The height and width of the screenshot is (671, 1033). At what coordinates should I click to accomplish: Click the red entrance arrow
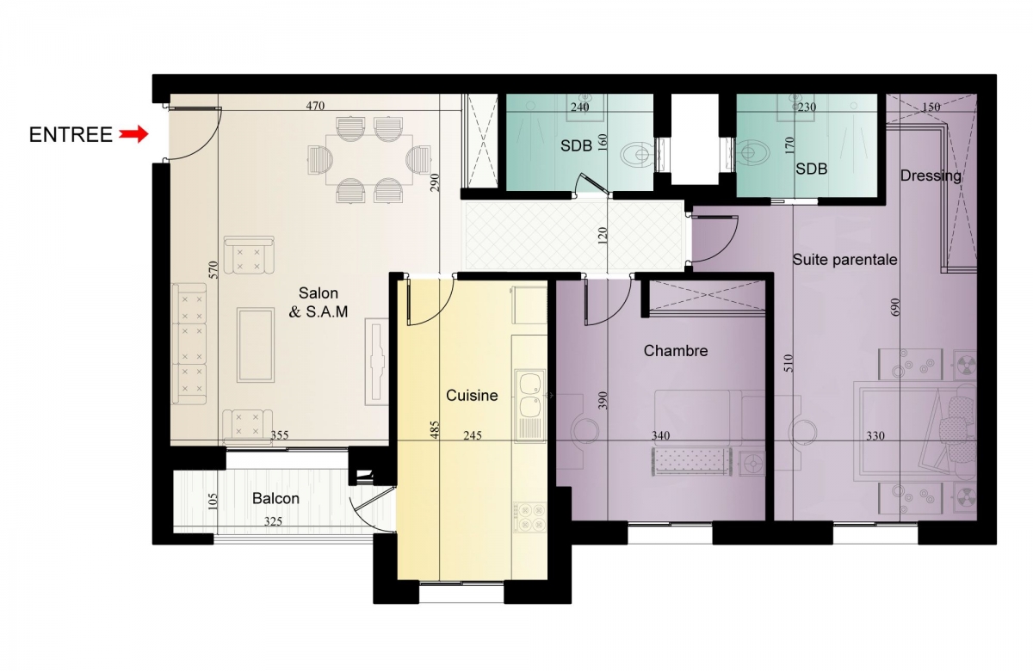pyautogui.click(x=133, y=134)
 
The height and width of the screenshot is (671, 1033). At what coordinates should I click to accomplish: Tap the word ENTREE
pyautogui.click(x=71, y=135)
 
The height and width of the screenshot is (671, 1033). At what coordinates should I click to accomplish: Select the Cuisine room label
pyautogui.click(x=472, y=396)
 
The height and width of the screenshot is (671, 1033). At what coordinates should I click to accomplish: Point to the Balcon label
pyautogui.click(x=275, y=498)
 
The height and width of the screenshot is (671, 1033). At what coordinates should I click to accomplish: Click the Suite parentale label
pyautogui.click(x=844, y=260)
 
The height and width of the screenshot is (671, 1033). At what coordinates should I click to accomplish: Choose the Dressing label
pyautogui.click(x=931, y=175)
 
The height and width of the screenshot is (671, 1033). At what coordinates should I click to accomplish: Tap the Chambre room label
pyautogui.click(x=676, y=351)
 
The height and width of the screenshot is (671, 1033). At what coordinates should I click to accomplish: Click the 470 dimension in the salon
pyautogui.click(x=315, y=106)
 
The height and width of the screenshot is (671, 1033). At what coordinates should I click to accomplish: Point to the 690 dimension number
pyautogui.click(x=894, y=307)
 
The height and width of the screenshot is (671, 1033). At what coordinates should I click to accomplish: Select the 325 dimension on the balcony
pyautogui.click(x=273, y=521)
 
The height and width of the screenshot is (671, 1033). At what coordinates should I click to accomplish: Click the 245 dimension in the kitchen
pyautogui.click(x=473, y=435)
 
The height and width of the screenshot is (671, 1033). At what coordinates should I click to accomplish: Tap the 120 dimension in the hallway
pyautogui.click(x=603, y=235)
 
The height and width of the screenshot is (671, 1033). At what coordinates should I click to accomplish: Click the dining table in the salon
pyautogui.click(x=369, y=159)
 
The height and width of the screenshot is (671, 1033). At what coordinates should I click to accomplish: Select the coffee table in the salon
pyautogui.click(x=256, y=346)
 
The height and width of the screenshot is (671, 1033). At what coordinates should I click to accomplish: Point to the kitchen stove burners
pyautogui.click(x=530, y=518)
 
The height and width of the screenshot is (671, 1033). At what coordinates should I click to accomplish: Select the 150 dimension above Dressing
pyautogui.click(x=931, y=107)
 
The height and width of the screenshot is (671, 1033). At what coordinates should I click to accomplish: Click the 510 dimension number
pyautogui.click(x=789, y=363)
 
